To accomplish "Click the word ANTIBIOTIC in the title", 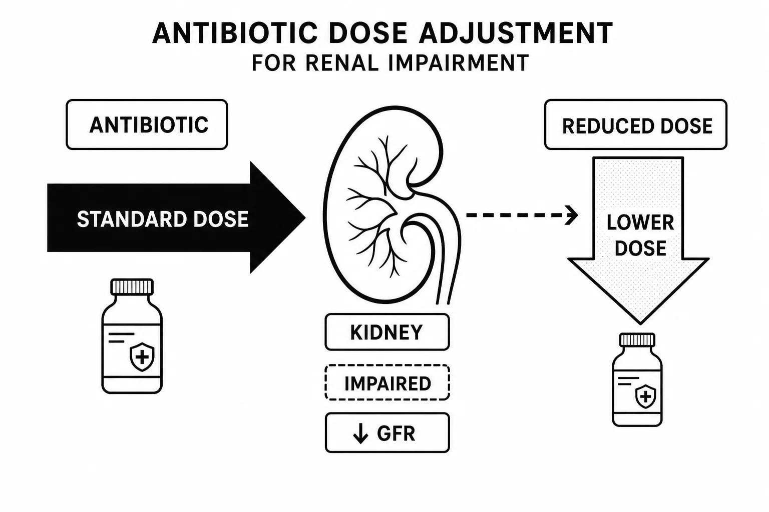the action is point(235,33).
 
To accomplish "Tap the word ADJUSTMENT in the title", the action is point(515,33).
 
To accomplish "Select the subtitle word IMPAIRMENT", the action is point(459,63).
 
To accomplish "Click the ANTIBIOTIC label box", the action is point(147,124).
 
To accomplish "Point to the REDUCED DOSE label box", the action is point(636,124).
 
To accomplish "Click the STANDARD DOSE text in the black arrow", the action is point(162,219).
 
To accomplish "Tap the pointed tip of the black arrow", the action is point(305,217).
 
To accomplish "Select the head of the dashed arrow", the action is point(572,215).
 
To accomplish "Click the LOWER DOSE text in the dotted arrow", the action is point(640,235).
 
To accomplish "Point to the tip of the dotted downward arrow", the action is point(640,323).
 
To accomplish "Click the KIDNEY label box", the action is point(387,332).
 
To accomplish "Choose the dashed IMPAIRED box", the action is point(387,382).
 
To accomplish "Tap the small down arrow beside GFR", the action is point(360,433).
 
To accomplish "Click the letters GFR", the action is point(396,433).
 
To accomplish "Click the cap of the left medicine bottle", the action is point(132,287).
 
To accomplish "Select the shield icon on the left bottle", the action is point(142,357).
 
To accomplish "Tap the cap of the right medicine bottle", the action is point(637,340).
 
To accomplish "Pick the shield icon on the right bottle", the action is point(646,396).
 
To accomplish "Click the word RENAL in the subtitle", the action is point(342,63).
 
